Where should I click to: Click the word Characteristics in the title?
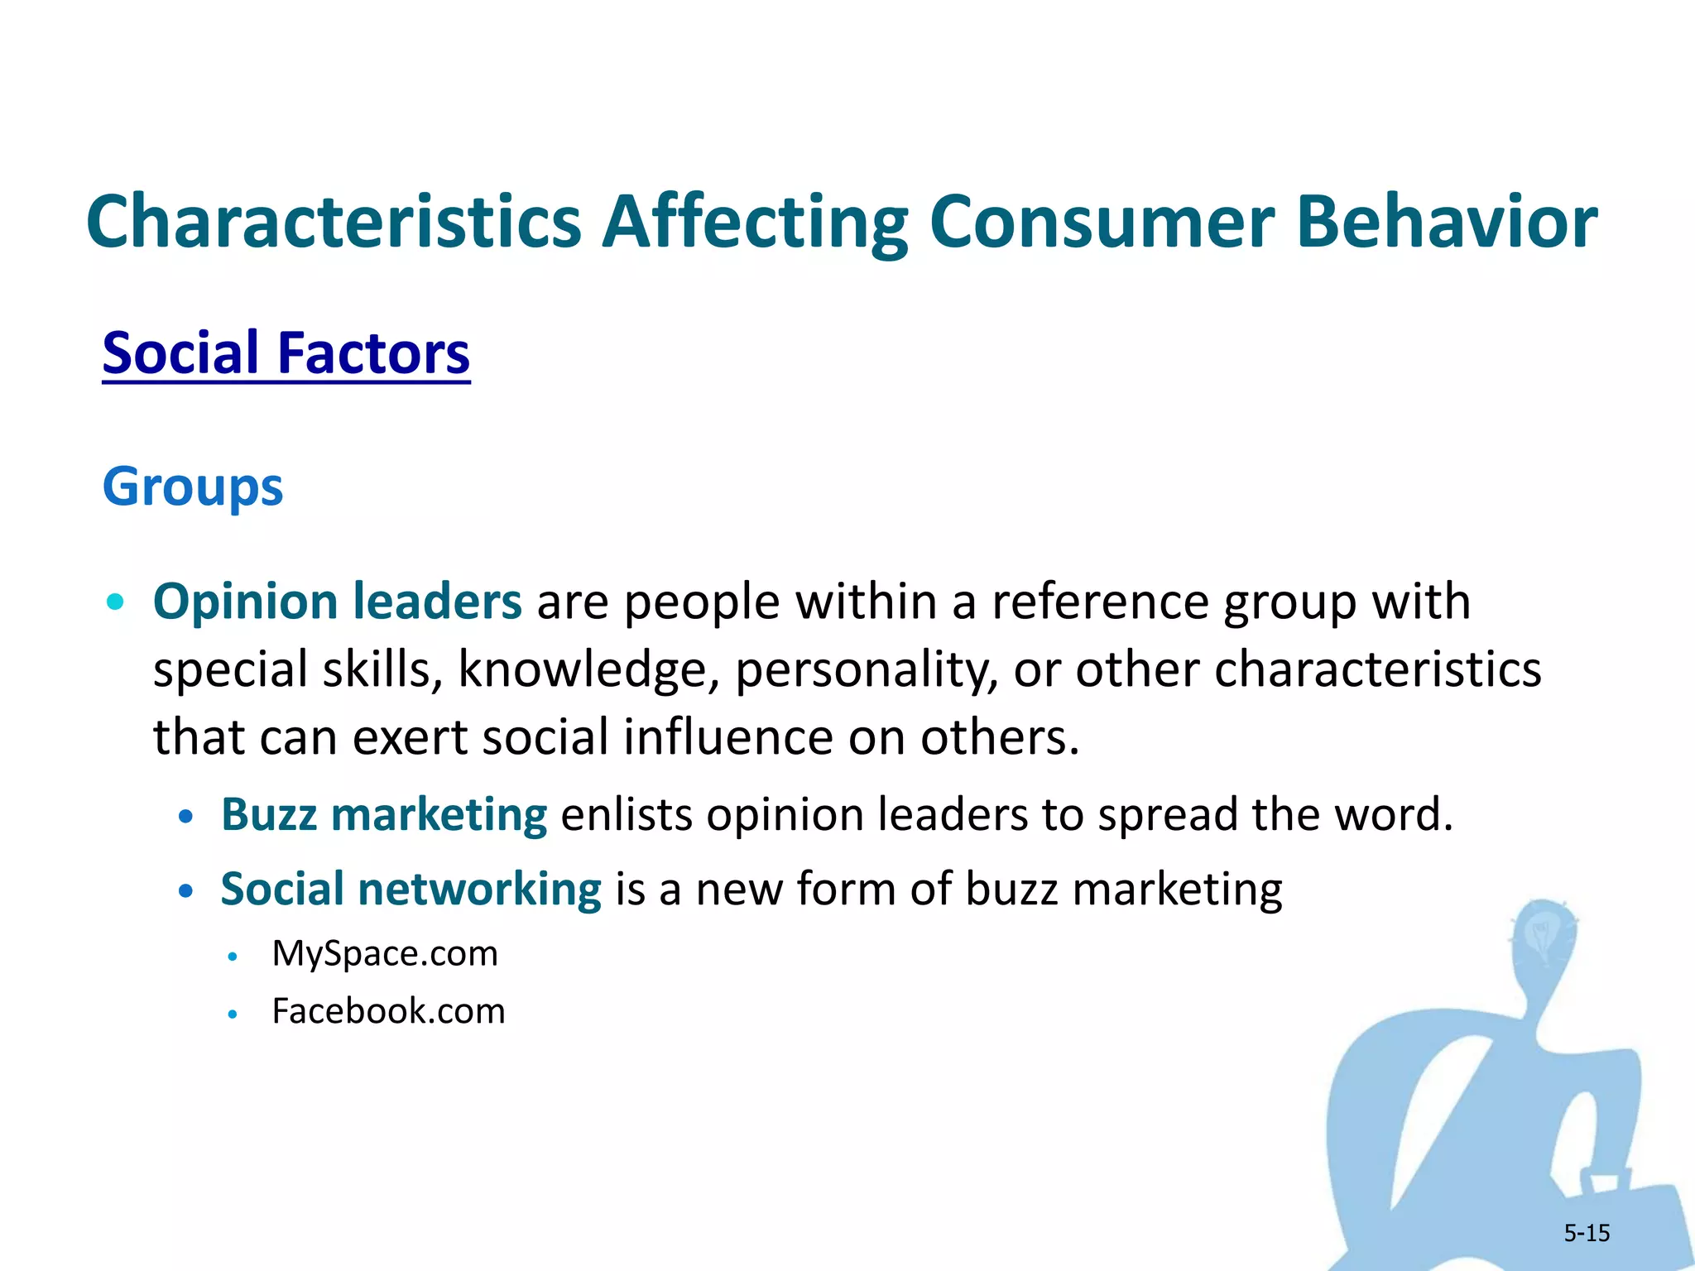pyautogui.click(x=334, y=222)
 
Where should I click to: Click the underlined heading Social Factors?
pyautogui.click(x=286, y=353)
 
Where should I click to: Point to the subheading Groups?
pyautogui.click(x=193, y=487)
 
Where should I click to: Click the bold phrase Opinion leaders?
pyautogui.click(x=338, y=601)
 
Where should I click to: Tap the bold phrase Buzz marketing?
pyautogui.click(x=384, y=814)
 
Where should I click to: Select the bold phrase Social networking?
pyautogui.click(x=411, y=889)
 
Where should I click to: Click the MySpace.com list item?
pyautogui.click(x=385, y=953)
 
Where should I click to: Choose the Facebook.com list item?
pyautogui.click(x=388, y=1011)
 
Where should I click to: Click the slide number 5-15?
pyautogui.click(x=1587, y=1233)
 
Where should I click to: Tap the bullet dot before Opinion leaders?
pyautogui.click(x=116, y=602)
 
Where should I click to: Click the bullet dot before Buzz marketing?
pyautogui.click(x=186, y=817)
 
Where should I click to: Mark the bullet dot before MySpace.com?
pyautogui.click(x=233, y=957)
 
